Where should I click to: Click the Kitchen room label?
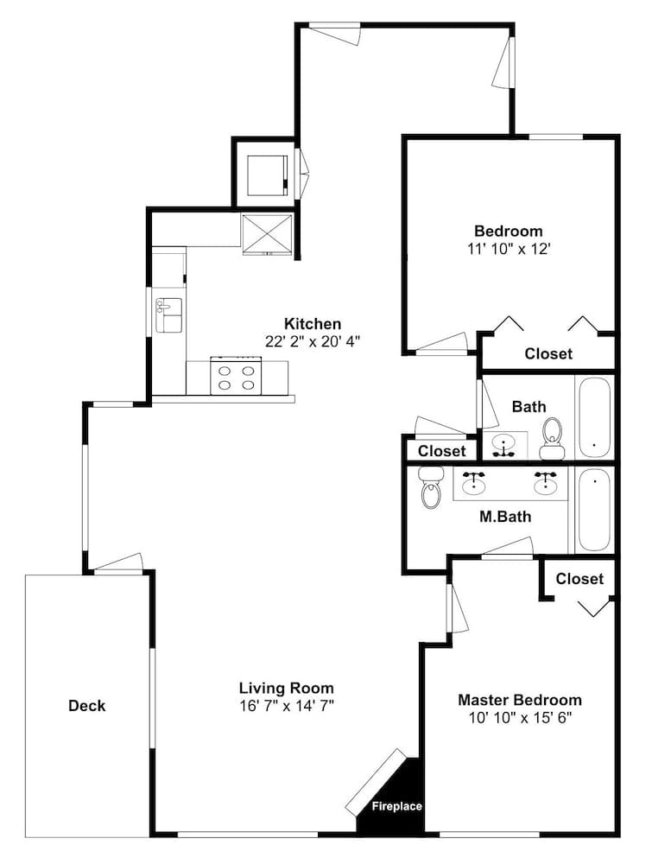click(x=313, y=323)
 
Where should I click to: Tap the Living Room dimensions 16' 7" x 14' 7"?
click(x=287, y=706)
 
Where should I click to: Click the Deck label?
click(x=86, y=706)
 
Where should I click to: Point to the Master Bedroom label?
click(x=520, y=700)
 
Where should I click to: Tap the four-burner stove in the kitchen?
click(x=236, y=375)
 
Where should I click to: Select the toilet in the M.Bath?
click(x=431, y=487)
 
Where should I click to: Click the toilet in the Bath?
click(x=553, y=439)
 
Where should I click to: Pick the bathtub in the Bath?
click(x=593, y=416)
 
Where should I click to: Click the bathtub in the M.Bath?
click(x=593, y=511)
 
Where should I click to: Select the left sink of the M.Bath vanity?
click(x=473, y=484)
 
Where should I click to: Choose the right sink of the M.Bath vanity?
click(x=545, y=484)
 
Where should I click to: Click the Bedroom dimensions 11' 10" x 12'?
click(x=510, y=249)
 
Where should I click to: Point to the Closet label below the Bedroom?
click(x=548, y=353)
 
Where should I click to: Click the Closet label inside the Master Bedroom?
click(x=579, y=579)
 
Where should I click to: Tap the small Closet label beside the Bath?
click(x=441, y=451)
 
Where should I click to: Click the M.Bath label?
click(x=505, y=517)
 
